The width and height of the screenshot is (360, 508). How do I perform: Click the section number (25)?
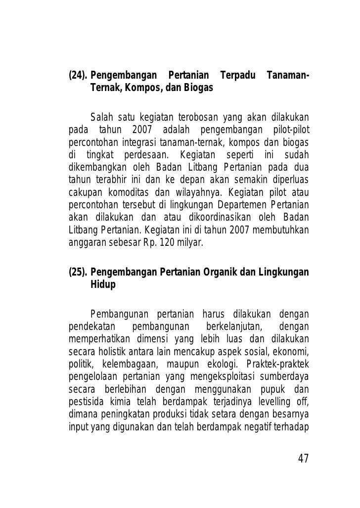(x=77, y=273)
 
